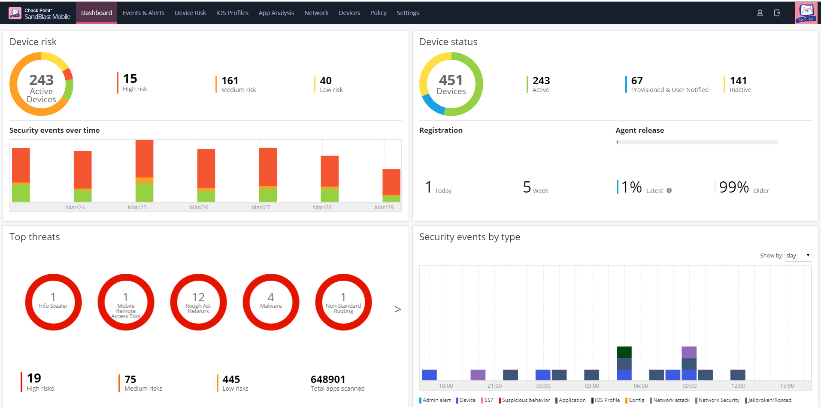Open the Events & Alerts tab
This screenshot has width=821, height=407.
[143, 13]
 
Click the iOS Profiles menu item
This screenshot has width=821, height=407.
[232, 13]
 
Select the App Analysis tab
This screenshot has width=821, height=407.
[276, 13]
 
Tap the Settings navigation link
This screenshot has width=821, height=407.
[408, 13]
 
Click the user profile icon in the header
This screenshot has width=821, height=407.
[760, 13]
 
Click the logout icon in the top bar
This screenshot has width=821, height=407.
[777, 13]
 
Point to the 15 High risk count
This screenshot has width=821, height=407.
[130, 79]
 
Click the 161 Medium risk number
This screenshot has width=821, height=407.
[230, 81]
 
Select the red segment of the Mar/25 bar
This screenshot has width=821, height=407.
[144, 158]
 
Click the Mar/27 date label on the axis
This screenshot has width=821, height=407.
[261, 207]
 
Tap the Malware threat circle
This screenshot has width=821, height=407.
[271, 302]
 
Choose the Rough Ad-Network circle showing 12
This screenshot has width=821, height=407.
[198, 302]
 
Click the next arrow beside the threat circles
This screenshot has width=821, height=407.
[397, 309]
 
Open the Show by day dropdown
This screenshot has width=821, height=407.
[798, 255]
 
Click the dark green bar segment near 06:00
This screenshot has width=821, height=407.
[624, 352]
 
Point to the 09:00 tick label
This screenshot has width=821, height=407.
[689, 386]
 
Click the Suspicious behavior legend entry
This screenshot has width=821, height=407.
[525, 400]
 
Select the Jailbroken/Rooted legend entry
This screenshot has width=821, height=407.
[769, 400]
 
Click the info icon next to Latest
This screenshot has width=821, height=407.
[669, 190]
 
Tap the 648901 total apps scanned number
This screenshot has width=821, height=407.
[328, 379]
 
